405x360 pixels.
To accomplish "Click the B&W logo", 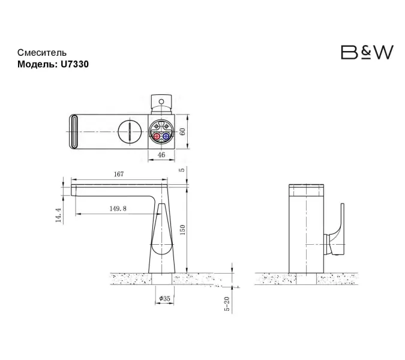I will pyautogui.click(x=367, y=53).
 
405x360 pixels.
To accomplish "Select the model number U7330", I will pyautogui.click(x=75, y=64).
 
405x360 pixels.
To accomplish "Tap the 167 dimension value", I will pyautogui.click(x=118, y=174).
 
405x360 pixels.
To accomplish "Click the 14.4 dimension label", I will pyautogui.click(x=58, y=215).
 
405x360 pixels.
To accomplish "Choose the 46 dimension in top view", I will pyautogui.click(x=161, y=155).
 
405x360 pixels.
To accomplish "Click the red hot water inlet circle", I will pyautogui.click(x=157, y=137).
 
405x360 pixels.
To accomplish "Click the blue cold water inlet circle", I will pyautogui.click(x=166, y=137).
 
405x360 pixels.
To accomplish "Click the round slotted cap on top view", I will pyautogui.click(x=127, y=130).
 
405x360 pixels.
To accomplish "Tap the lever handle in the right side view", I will pyautogui.click(x=340, y=228).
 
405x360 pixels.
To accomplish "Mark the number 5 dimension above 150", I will pyautogui.click(x=181, y=170).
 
